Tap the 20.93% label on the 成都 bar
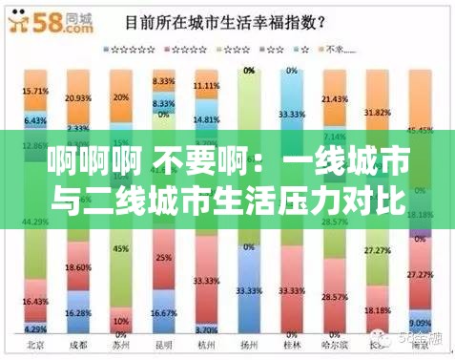(x=78, y=98)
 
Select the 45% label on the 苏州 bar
(x=121, y=249)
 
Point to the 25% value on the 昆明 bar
(x=163, y=258)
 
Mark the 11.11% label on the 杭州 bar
(x=206, y=85)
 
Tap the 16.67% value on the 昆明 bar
(x=163, y=312)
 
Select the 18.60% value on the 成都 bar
(x=78, y=270)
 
